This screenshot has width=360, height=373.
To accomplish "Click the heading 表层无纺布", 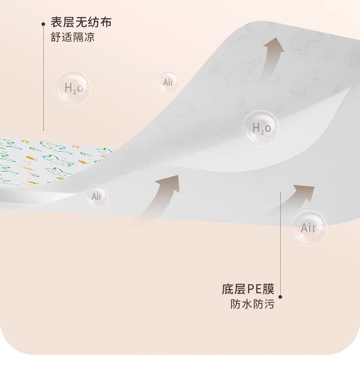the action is pos(81,22).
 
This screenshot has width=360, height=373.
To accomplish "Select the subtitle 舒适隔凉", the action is pos(72,37).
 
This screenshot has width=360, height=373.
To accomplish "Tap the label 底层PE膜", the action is pos(248,289).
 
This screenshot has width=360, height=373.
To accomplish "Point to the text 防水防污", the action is pos(252,304).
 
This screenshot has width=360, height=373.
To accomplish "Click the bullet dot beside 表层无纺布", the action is pos(43,24).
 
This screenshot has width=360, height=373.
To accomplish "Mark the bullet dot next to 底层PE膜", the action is pos(280,297).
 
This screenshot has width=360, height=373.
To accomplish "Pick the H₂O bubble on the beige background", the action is pos(73,88).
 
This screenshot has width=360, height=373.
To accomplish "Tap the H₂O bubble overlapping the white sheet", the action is pos(261,128).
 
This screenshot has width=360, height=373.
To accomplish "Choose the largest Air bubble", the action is pos(309,228).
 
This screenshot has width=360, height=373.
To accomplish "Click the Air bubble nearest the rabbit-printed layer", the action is pos(97,196).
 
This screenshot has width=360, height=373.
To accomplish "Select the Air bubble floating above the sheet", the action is pos(168,82).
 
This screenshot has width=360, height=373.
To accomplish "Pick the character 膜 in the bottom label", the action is pos(268,289).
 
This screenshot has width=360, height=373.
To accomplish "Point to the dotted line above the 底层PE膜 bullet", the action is pos(280,243).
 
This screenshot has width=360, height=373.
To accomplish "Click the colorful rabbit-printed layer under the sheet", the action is pos(47,162).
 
